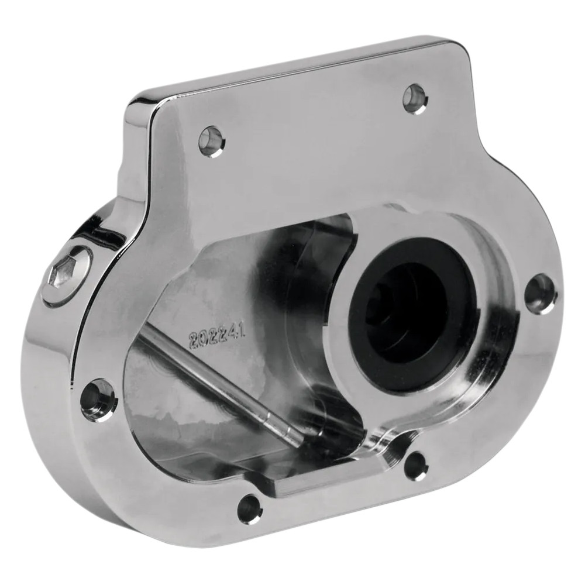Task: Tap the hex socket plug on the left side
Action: tap(63, 273)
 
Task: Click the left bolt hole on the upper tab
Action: tap(211, 140)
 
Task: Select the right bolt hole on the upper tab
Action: tap(415, 98)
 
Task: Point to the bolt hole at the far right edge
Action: tap(539, 294)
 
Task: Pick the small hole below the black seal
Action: tap(416, 466)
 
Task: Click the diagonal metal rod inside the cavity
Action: tap(222, 386)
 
